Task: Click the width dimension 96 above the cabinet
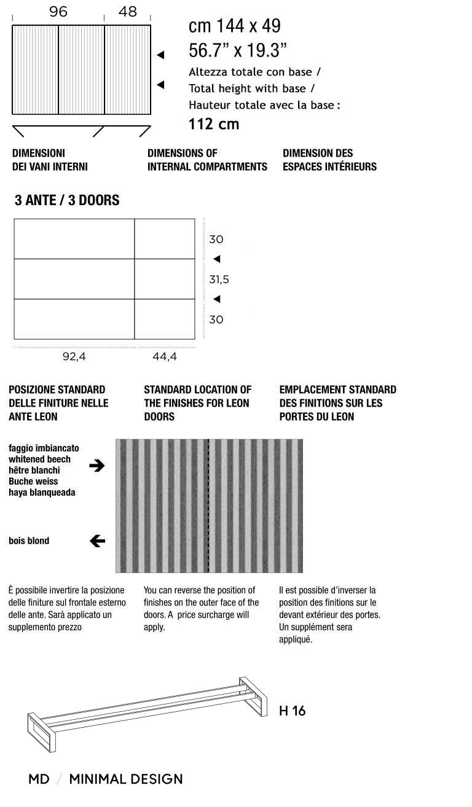tap(58, 12)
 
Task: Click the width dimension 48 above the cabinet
tap(127, 12)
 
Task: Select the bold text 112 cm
tap(213, 124)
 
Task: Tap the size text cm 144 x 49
tap(234, 26)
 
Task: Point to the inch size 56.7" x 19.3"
tap(238, 50)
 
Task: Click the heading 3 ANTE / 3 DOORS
tap(67, 200)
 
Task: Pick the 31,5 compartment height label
tap(219, 279)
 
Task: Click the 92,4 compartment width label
tap(74, 357)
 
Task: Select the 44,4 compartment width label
tap(164, 357)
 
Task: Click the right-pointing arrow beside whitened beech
tap(96, 466)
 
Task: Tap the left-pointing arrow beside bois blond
tap(97, 541)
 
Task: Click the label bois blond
tap(29, 541)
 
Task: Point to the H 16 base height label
tap(292, 711)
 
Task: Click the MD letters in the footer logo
tap(39, 779)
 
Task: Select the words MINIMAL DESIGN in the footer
tap(126, 779)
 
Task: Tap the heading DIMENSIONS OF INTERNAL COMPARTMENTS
tap(207, 160)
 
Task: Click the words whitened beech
tap(39, 459)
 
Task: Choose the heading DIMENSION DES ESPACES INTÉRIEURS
tap(329, 160)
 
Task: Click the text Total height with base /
tap(252, 88)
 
